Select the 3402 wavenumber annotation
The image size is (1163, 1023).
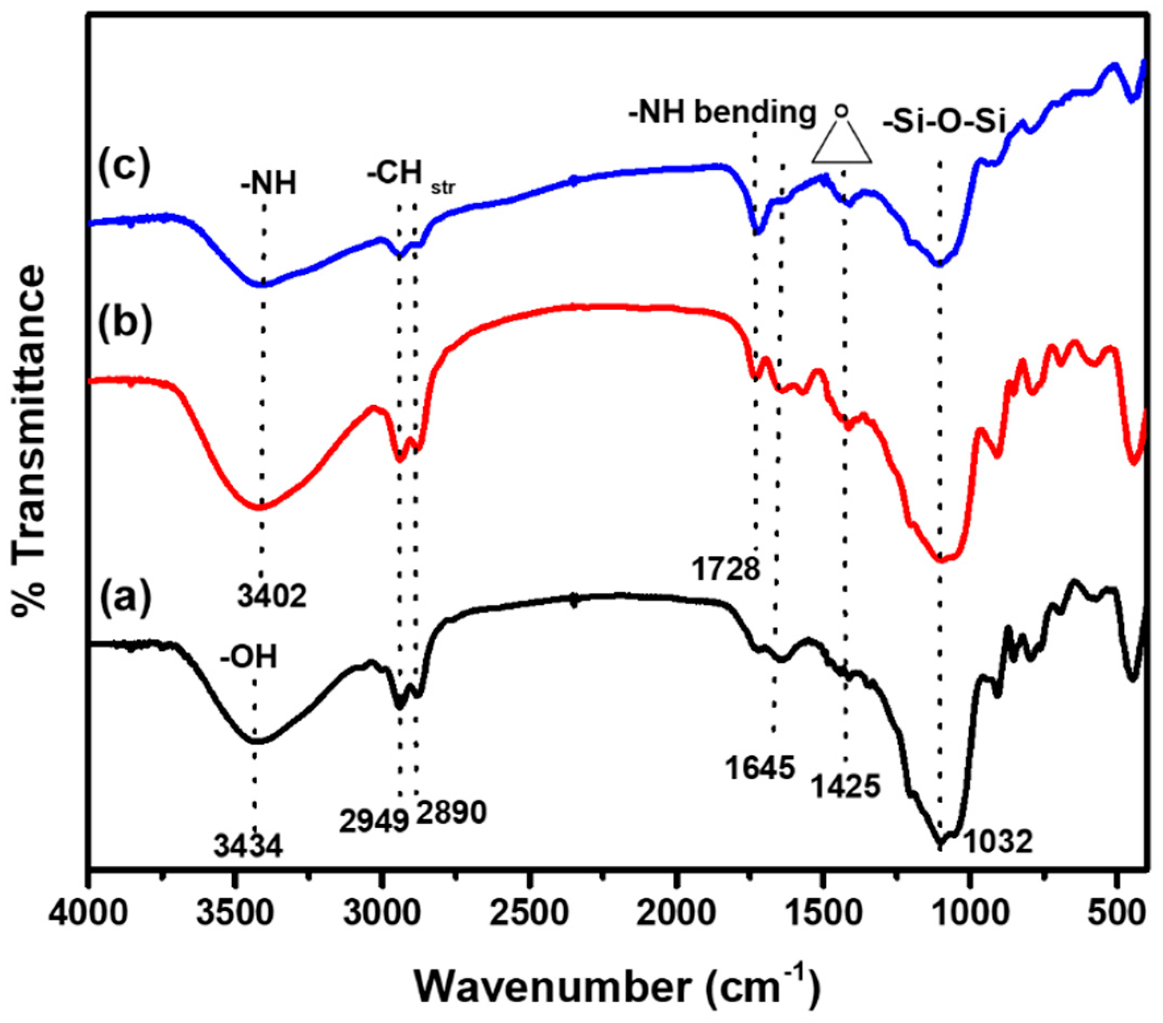(272, 596)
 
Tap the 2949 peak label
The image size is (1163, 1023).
(374, 821)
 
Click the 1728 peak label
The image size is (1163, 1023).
(726, 568)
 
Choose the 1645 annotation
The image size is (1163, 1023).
(759, 769)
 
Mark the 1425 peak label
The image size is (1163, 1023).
(846, 787)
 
